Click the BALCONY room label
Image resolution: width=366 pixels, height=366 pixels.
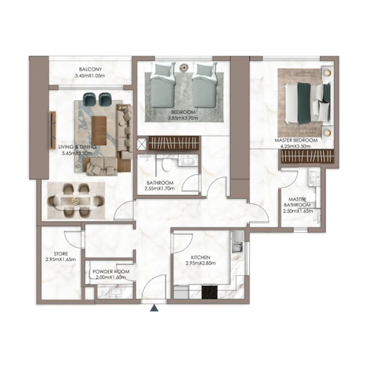pyautogui.click(x=90, y=69)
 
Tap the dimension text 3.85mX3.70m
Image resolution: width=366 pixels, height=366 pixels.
pyautogui.click(x=183, y=118)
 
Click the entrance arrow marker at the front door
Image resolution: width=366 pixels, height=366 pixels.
pyautogui.click(x=154, y=308)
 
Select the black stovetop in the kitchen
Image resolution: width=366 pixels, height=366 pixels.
pyautogui.click(x=209, y=292)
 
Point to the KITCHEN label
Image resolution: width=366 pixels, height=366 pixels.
pyautogui.click(x=201, y=258)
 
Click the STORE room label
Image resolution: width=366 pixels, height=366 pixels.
pyautogui.click(x=61, y=254)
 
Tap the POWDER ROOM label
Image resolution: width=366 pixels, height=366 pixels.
pyautogui.click(x=111, y=272)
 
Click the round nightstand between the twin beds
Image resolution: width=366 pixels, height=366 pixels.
pyautogui.click(x=184, y=68)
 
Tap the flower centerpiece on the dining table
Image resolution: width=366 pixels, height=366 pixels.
pyautogui.click(x=75, y=201)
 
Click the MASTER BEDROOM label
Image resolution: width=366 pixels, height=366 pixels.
pyautogui.click(x=296, y=140)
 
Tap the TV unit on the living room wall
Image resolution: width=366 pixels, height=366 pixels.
pyautogui.click(x=53, y=129)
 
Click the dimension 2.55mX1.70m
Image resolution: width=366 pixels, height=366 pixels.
pyautogui.click(x=159, y=188)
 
